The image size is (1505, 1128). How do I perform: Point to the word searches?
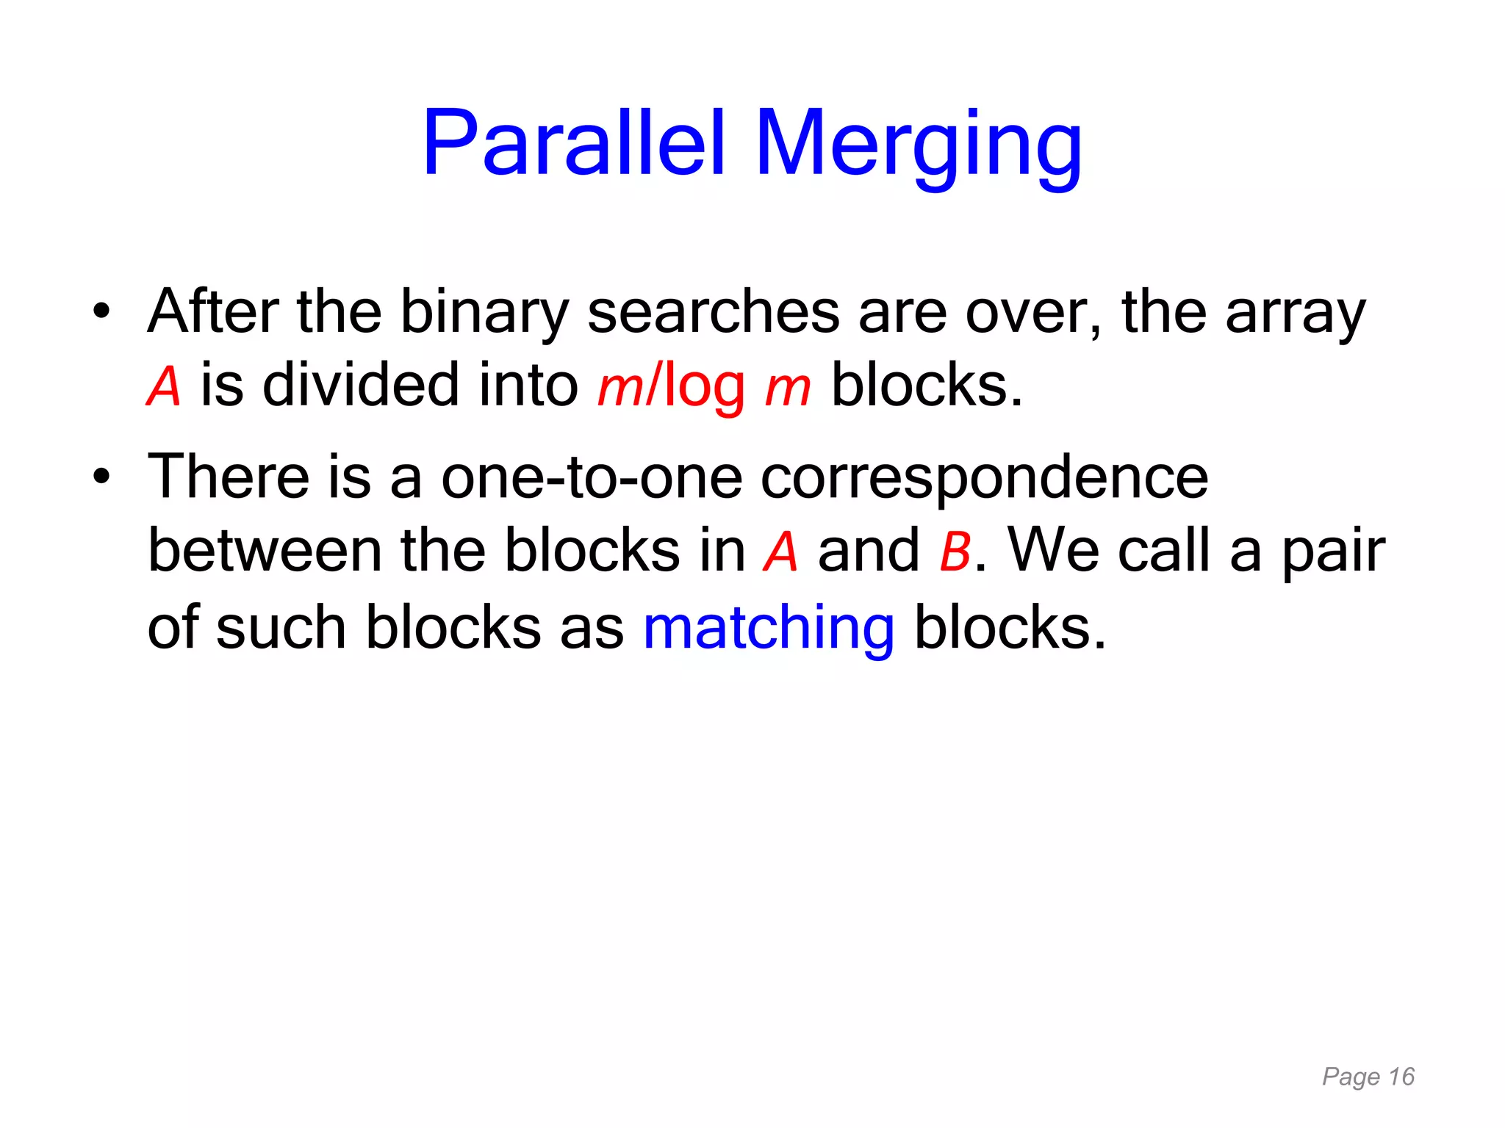(x=713, y=312)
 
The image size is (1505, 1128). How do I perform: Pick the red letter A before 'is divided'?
(x=164, y=386)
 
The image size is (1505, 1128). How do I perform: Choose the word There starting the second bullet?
(x=229, y=477)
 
